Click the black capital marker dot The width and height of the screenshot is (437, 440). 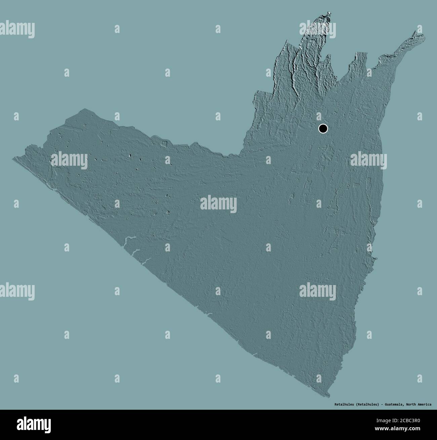point(323,128)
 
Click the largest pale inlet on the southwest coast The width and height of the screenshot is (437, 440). point(129,239)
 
